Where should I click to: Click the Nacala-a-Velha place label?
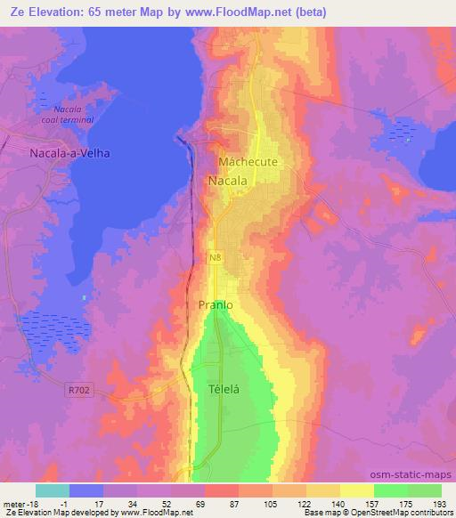coord(64,152)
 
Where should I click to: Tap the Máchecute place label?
coord(248,163)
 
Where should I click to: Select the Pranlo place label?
coord(215,304)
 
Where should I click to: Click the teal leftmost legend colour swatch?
coord(53,490)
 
